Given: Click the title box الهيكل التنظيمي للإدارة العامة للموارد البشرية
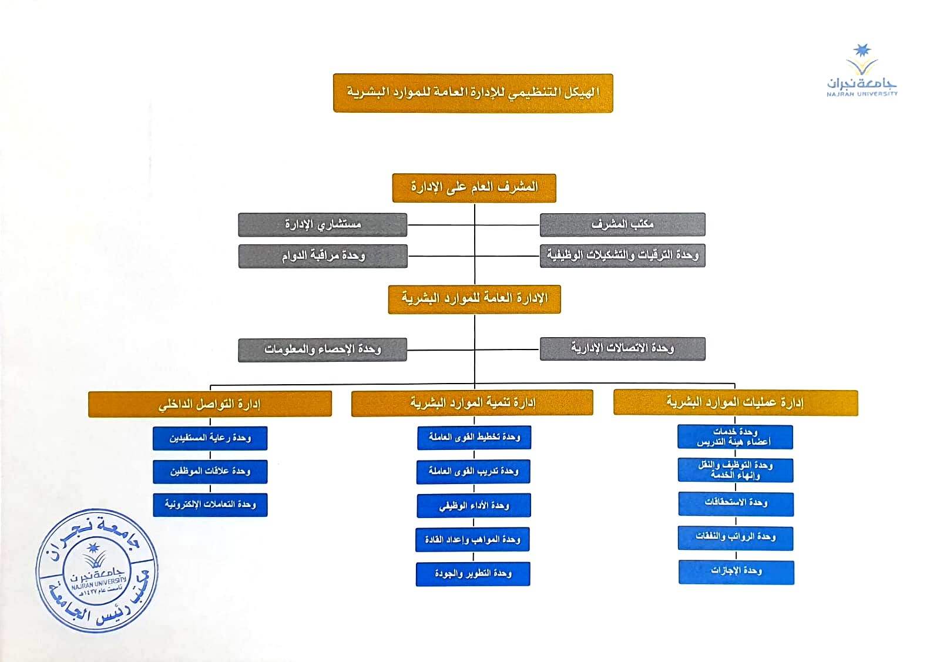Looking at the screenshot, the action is tap(473, 93).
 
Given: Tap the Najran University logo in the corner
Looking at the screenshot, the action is tap(862, 70).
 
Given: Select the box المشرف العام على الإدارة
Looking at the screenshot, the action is tap(474, 188).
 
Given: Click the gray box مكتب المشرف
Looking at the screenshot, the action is tap(622, 224).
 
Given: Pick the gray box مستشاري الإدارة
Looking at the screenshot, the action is tap(323, 225).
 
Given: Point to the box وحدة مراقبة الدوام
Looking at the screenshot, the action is tap(323, 256).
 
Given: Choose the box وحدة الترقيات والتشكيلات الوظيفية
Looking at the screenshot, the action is tap(622, 256).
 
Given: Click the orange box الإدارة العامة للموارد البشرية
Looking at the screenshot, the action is tap(474, 299).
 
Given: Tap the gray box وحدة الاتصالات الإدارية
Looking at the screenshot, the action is tap(622, 348).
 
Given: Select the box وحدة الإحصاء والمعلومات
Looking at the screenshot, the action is tap(323, 350).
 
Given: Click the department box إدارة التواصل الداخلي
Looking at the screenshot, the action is tap(210, 404).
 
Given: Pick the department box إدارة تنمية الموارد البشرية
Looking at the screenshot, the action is tap(472, 403).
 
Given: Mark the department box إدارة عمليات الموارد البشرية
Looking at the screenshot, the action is tap(736, 402).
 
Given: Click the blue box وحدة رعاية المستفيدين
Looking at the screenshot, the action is tap(210, 438).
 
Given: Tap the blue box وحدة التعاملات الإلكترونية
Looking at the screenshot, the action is tap(210, 505).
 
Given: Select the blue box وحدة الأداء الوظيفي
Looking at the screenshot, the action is tap(474, 506).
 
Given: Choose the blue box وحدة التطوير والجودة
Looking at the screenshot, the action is tap(473, 574).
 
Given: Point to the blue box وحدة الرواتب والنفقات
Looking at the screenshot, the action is tap(736, 538).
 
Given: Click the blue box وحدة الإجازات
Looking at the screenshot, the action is tap(736, 572).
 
